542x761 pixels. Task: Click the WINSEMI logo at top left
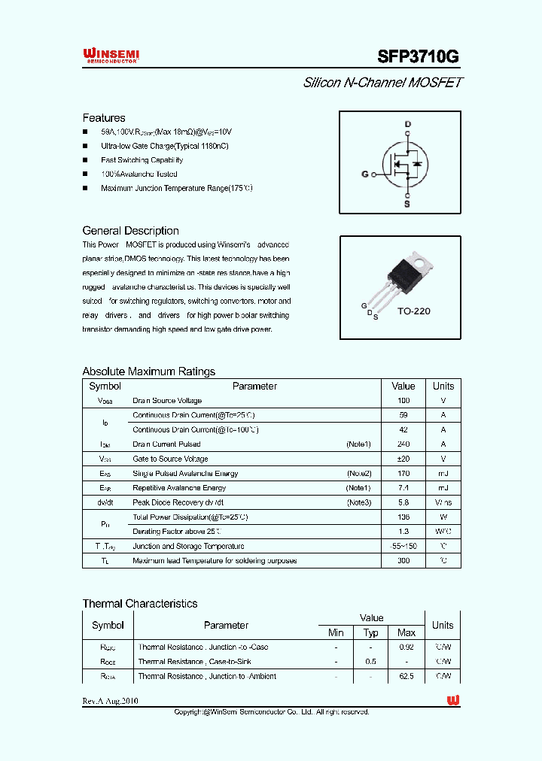111,55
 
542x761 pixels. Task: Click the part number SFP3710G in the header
417,57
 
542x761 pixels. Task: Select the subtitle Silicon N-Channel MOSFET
382,83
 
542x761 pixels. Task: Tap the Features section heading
104,118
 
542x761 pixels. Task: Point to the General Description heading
130,231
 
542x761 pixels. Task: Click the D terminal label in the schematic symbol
408,123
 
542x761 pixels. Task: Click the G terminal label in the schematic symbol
365,174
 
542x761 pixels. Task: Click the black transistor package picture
406,273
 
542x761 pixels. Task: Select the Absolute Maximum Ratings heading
148,371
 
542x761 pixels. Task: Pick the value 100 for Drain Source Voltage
403,401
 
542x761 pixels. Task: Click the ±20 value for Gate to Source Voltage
403,459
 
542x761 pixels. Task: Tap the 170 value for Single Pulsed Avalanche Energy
403,474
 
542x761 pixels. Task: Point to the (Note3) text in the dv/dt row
358,502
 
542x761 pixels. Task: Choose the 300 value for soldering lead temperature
403,561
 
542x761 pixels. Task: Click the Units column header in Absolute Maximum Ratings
443,387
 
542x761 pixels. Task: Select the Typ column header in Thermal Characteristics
371,633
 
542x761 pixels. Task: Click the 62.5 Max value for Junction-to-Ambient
406,677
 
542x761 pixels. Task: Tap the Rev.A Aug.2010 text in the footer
110,701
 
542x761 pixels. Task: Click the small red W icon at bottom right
453,701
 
